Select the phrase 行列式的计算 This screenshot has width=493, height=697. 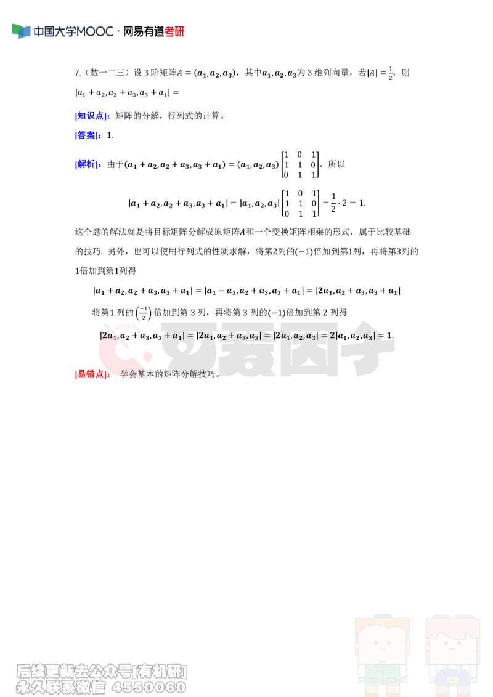point(193,116)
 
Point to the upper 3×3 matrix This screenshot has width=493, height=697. point(299,165)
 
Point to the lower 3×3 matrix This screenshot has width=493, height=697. point(300,204)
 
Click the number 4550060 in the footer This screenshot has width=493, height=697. point(149,687)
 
